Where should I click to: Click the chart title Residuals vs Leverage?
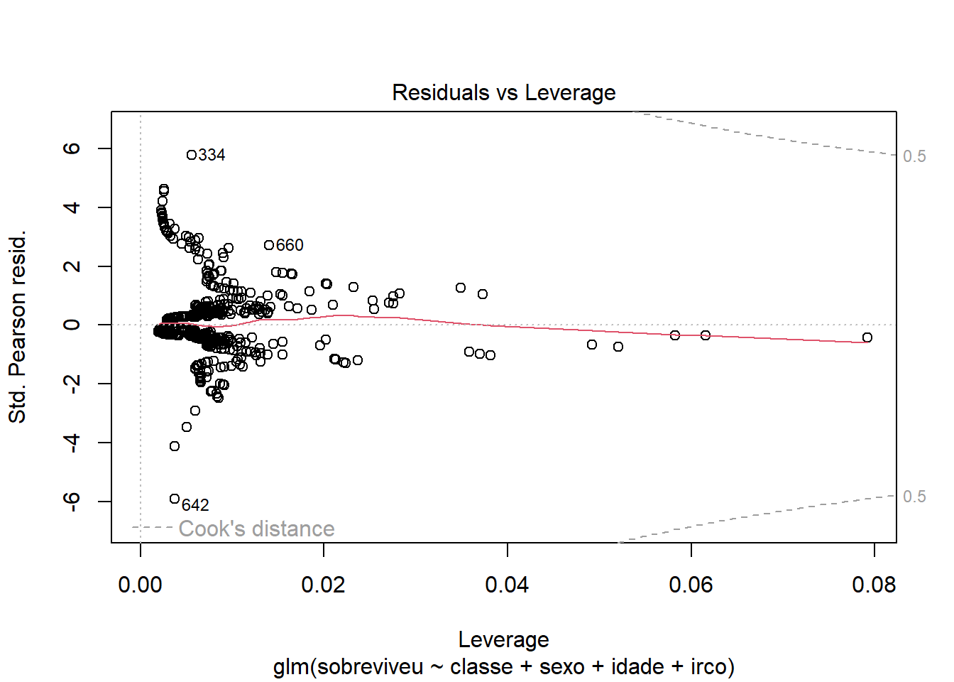[503, 93]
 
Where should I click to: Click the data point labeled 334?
[192, 155]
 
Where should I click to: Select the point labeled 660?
[269, 245]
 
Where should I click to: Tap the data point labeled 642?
[175, 499]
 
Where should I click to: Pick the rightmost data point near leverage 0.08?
[867, 337]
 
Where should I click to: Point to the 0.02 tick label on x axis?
[324, 585]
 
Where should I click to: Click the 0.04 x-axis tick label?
[507, 585]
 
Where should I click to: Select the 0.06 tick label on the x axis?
[691, 585]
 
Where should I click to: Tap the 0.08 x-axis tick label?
[874, 585]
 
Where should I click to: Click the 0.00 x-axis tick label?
[141, 585]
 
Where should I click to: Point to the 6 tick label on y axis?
[72, 148]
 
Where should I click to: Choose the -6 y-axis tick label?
[72, 501]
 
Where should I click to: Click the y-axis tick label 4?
[72, 207]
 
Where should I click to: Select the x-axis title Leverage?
[503, 639]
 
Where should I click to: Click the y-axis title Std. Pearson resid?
[17, 327]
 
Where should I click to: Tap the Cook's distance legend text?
[256, 529]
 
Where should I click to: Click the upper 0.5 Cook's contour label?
[914, 156]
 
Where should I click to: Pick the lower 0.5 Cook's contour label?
[914, 497]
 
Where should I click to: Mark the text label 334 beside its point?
[212, 155]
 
